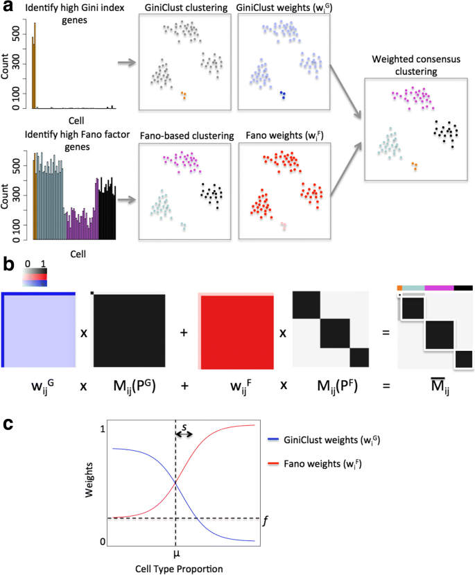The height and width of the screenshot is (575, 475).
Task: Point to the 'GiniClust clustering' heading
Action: pyautogui.click(x=184, y=7)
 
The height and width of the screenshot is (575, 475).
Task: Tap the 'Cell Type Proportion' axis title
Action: pyautogui.click(x=177, y=568)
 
